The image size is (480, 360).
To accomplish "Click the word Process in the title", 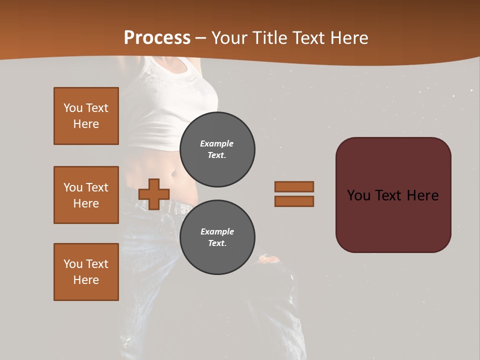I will pyautogui.click(x=157, y=38).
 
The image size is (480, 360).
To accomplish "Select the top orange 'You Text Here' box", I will pyautogui.click(x=86, y=116).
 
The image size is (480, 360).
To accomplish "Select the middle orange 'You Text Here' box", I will pyautogui.click(x=86, y=195).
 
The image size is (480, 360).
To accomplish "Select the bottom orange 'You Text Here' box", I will pyautogui.click(x=86, y=272).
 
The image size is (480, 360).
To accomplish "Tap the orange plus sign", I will pyautogui.click(x=153, y=194).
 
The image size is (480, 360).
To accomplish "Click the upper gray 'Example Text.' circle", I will pyautogui.click(x=217, y=149).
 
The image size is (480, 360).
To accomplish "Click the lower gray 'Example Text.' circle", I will pyautogui.click(x=217, y=237).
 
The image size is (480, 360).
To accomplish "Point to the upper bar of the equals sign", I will pyautogui.click(x=294, y=186).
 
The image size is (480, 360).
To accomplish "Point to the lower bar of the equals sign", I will pyautogui.click(x=294, y=201).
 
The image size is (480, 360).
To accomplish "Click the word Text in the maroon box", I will pyautogui.click(x=389, y=195).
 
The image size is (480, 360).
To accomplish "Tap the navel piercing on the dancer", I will pyautogui.click(x=173, y=174).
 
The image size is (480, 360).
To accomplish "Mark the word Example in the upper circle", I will pyautogui.click(x=217, y=143).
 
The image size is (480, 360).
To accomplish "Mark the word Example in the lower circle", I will pyautogui.click(x=217, y=231).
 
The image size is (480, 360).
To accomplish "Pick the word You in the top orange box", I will pyautogui.click(x=72, y=108).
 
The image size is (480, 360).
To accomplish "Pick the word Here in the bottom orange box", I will pyautogui.click(x=86, y=280).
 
